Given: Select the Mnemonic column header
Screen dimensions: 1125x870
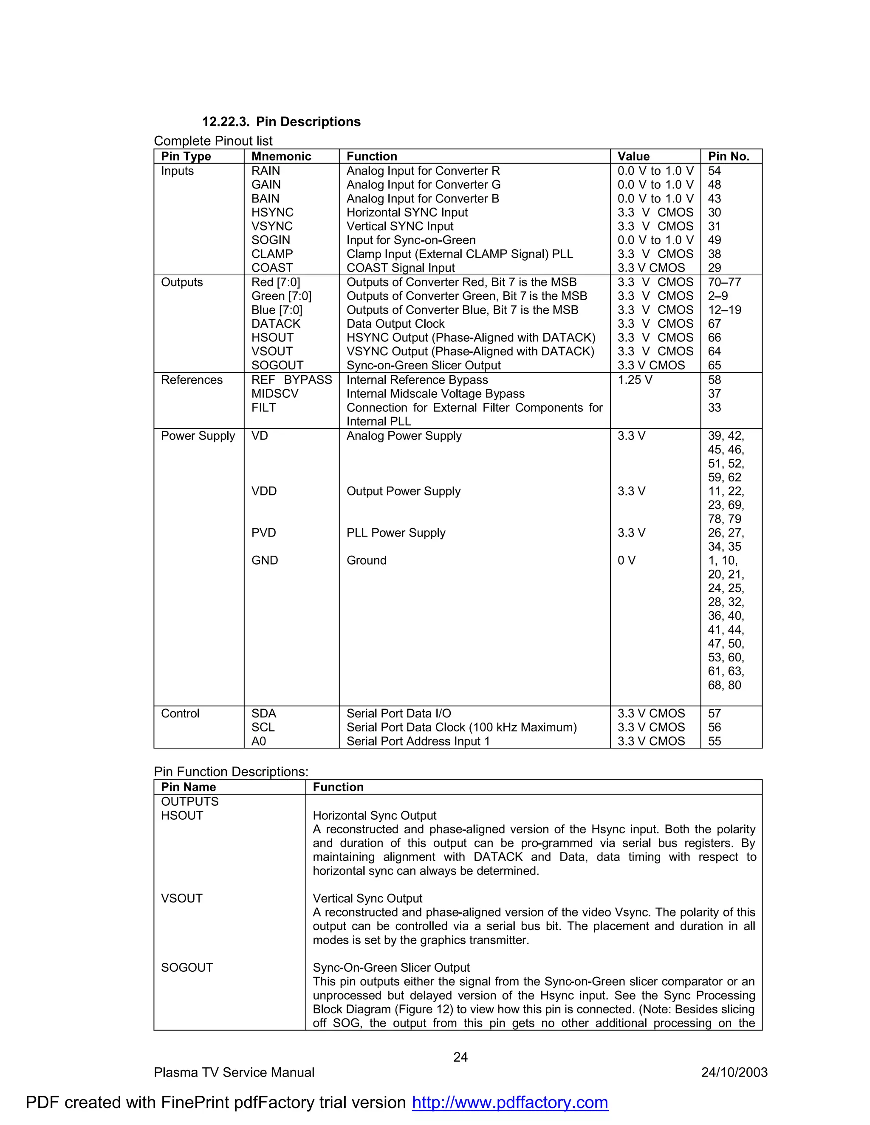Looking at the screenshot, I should click(281, 157).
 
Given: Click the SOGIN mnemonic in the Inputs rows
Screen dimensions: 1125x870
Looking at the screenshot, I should click(271, 240).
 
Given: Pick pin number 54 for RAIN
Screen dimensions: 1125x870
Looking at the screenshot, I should click(715, 171).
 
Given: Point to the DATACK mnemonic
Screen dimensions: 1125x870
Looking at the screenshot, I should click(276, 324).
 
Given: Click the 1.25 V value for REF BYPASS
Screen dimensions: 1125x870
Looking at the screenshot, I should click(635, 380).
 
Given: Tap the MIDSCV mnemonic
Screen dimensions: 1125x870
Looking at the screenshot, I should click(275, 394).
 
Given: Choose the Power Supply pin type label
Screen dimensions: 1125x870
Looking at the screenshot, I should click(198, 436).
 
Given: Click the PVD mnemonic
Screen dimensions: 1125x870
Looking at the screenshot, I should click(263, 533).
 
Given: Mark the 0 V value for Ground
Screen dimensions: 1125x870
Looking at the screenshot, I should click(626, 560).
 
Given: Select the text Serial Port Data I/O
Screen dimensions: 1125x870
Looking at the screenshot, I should click(398, 714).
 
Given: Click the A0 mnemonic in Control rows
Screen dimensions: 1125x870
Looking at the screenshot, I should click(259, 742).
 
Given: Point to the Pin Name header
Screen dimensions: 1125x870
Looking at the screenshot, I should click(188, 787).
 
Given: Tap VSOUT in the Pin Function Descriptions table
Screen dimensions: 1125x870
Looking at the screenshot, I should click(181, 899).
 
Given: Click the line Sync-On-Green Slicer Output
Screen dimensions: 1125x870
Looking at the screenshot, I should click(391, 968).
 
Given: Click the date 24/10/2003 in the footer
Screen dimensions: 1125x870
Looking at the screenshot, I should click(734, 1073).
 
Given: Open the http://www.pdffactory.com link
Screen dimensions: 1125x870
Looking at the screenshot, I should click(510, 1103).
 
